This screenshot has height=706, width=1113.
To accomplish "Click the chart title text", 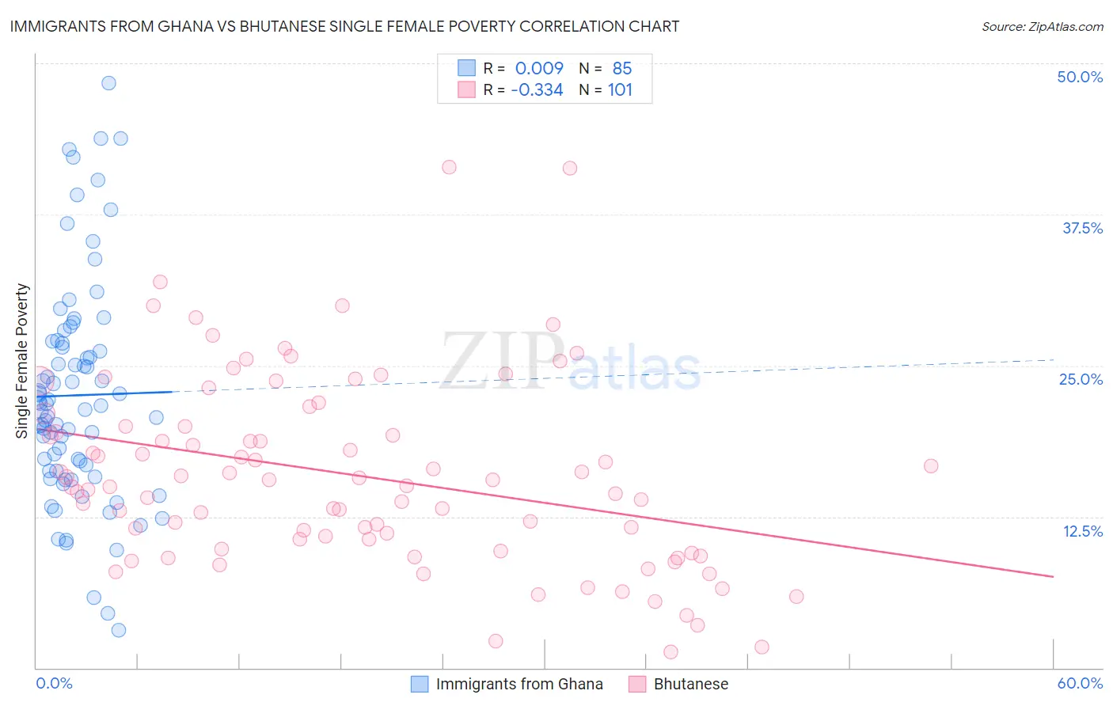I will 344,26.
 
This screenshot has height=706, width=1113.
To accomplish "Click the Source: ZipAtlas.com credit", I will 1042,27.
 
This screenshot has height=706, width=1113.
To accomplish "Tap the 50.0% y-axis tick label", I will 1080,77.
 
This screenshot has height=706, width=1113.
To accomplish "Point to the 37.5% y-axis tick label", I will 1082,228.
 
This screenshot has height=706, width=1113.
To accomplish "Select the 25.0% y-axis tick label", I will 1081,379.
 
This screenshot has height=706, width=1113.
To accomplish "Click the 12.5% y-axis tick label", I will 1082,531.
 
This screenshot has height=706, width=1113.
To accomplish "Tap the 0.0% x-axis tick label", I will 54,683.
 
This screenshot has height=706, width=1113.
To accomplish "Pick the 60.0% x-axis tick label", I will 1080,683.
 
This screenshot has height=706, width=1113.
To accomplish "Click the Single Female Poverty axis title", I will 22,361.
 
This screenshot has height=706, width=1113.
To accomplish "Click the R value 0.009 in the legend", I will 539,68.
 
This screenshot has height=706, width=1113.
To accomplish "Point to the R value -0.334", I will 537,90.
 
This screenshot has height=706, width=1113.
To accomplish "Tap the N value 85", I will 622,68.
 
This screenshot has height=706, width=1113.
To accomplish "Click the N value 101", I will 620,90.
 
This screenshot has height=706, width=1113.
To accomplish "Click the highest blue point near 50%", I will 108,83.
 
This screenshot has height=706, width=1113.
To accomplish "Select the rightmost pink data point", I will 931,466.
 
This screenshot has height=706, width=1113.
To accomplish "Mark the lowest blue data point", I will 119,630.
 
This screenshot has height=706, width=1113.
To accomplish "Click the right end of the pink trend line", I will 1053,576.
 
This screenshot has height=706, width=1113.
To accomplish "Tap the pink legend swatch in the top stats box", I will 466,89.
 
